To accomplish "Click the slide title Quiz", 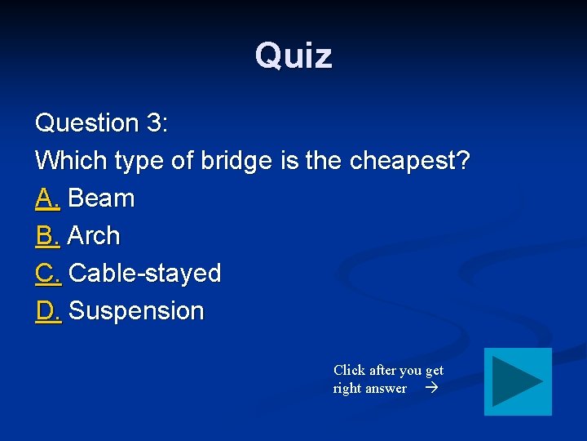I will click(x=293, y=56).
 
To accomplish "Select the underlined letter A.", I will click(x=48, y=198).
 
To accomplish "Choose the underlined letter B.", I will click(x=48, y=236).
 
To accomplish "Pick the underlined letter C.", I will click(x=48, y=274).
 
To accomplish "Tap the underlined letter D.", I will click(x=48, y=311).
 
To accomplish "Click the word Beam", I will click(x=102, y=198).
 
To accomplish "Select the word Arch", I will click(x=94, y=236).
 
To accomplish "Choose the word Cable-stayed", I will click(x=145, y=274).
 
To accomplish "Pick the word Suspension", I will click(x=136, y=311).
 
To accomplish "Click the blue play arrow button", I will click(x=518, y=381).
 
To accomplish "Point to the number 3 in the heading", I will click(x=154, y=123).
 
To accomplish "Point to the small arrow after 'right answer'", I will click(x=431, y=389).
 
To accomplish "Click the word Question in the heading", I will click(x=87, y=123).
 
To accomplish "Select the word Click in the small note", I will click(x=349, y=370).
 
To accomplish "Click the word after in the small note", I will click(x=384, y=370).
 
